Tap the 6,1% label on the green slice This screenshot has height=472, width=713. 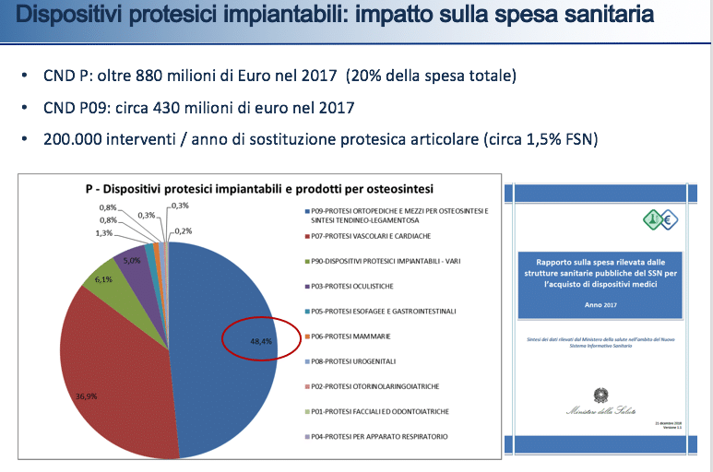tap(103, 279)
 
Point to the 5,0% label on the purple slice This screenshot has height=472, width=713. tap(131, 261)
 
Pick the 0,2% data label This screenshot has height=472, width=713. tap(183, 230)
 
